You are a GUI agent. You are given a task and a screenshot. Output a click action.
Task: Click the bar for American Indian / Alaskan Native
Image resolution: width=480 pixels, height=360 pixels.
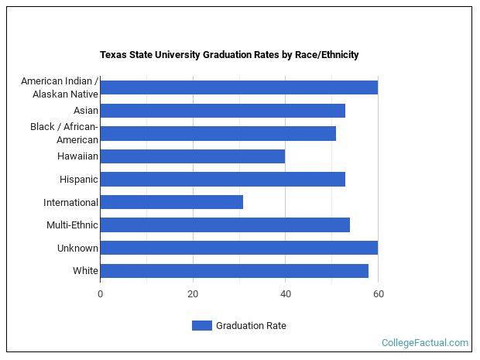pos(238,87)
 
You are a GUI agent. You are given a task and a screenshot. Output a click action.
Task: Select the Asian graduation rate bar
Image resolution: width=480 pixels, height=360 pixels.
pos(222,111)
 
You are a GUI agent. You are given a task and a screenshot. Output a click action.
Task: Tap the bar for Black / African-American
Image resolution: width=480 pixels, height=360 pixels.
pos(218,133)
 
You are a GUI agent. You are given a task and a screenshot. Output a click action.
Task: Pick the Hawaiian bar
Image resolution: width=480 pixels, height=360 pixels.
pos(192,156)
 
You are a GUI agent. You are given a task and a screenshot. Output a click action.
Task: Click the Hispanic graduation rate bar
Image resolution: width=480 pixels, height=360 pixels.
pos(222,180)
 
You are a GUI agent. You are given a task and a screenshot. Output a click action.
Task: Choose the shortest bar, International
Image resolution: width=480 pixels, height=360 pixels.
pos(171,202)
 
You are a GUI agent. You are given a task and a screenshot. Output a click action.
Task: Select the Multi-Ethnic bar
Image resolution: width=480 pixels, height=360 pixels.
pos(225,225)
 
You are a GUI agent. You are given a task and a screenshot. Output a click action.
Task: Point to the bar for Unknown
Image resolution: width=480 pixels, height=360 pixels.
pos(238,248)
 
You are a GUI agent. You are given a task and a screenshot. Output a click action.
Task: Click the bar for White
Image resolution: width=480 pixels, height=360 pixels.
pos(234,271)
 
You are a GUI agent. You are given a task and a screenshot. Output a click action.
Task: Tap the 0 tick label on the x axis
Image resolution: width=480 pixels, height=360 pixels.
pos(100,294)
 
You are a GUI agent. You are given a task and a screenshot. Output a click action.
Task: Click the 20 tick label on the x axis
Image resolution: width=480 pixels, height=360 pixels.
pos(193,294)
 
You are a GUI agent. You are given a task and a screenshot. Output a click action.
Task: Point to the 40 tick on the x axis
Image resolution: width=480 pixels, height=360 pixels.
pos(285,294)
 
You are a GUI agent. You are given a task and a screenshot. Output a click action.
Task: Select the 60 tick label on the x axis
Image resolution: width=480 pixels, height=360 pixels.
pos(378,294)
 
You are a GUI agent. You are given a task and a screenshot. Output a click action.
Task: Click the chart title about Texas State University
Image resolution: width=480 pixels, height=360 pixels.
pos(229,55)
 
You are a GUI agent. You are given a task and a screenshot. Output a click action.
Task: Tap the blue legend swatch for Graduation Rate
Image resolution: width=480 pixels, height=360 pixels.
pos(201,326)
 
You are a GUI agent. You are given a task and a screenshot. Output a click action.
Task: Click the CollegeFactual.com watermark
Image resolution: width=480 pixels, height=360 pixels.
pos(425,342)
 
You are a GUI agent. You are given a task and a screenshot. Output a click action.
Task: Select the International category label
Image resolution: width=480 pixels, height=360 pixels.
pos(70,203)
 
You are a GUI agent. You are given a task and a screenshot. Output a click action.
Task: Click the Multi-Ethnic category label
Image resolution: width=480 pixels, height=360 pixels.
pos(72,225)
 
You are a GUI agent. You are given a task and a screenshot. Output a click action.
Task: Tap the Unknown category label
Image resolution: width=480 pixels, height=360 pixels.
pos(77,249)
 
